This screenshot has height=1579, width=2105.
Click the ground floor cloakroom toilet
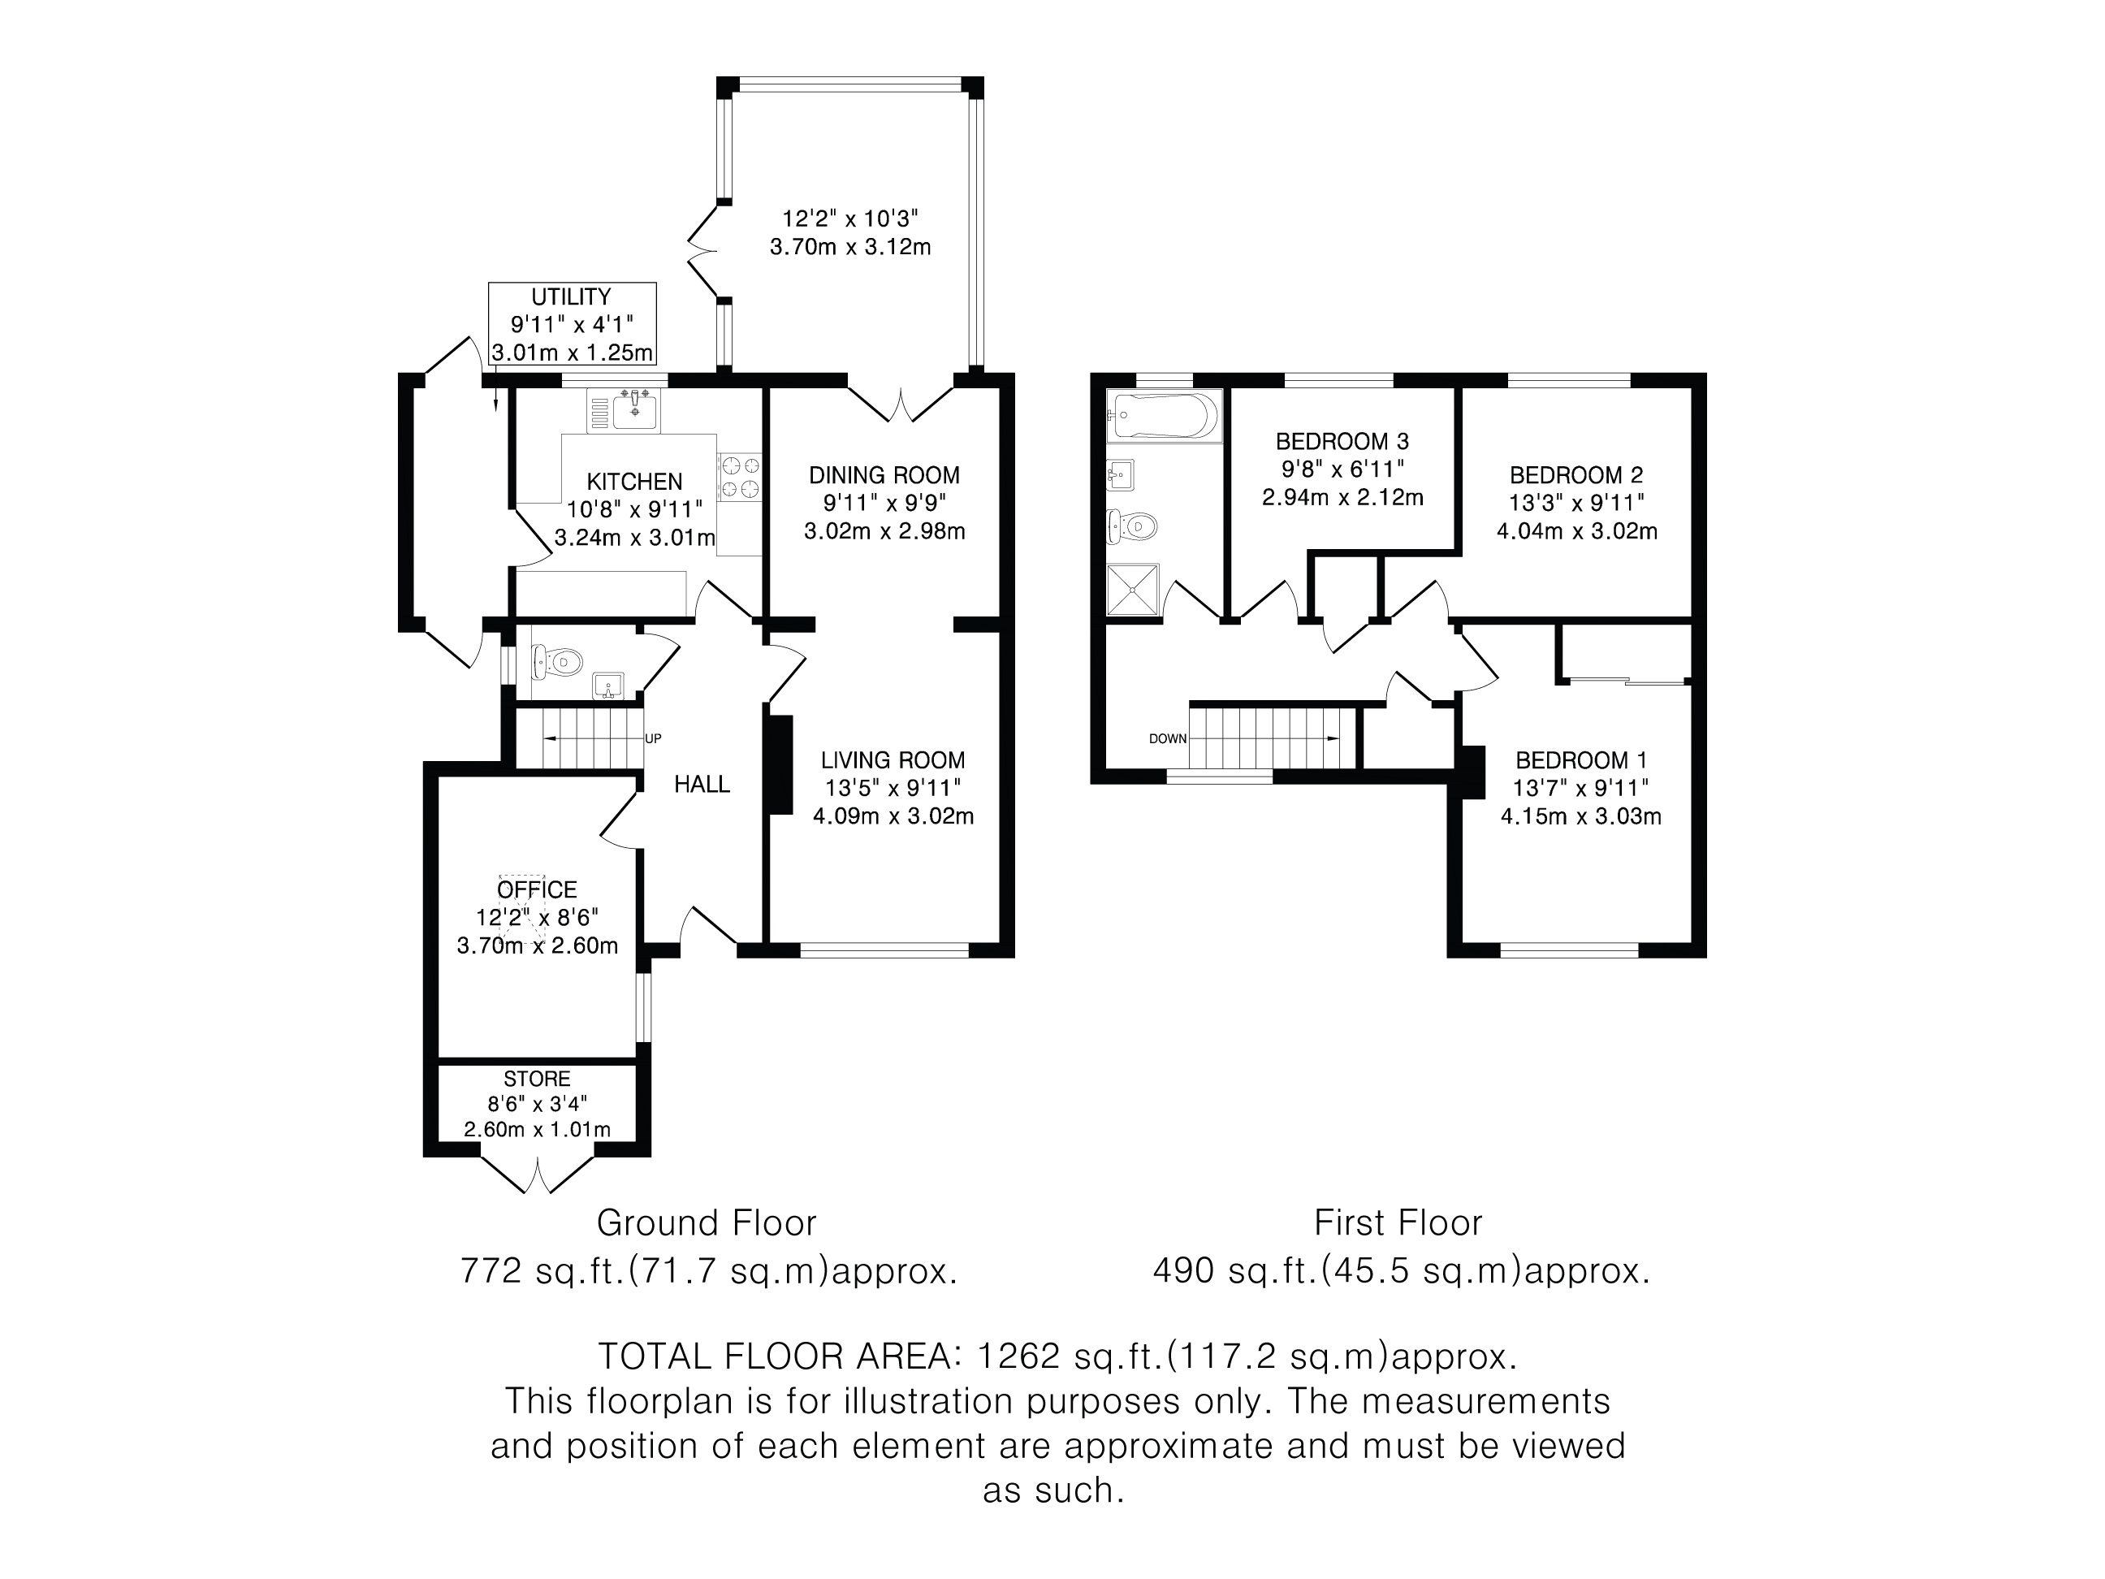click(x=556, y=661)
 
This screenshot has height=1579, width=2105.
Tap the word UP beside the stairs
click(x=654, y=738)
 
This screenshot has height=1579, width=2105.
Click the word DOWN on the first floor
click(x=1168, y=738)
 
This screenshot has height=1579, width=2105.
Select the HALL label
click(x=702, y=785)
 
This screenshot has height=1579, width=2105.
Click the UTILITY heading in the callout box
click(x=571, y=297)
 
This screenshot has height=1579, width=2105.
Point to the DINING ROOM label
click(x=885, y=475)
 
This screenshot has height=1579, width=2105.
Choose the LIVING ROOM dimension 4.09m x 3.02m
click(x=893, y=815)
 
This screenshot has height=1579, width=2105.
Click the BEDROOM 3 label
click(x=1342, y=441)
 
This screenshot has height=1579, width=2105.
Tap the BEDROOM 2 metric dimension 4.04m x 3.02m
click(x=1577, y=531)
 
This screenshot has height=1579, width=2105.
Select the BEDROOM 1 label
click(x=1580, y=760)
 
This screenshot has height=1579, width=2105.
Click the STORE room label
click(x=538, y=1079)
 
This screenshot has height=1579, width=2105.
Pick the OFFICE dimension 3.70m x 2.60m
click(x=538, y=945)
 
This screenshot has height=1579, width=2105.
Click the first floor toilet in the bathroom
click(x=1132, y=526)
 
